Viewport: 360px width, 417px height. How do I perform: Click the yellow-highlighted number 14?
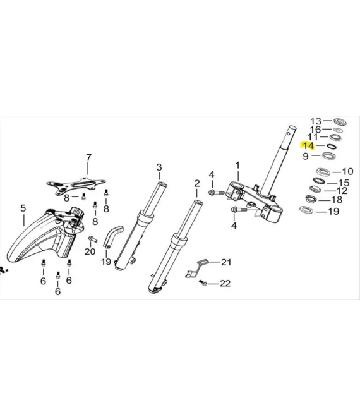tap(308, 146)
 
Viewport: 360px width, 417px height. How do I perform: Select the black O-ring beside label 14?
tap(332, 146)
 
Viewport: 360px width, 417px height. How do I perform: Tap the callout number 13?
tap(316, 121)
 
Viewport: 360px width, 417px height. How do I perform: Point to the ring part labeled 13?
tap(340, 122)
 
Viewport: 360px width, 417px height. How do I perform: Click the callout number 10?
tap(347, 171)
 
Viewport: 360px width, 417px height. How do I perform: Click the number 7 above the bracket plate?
tap(88, 157)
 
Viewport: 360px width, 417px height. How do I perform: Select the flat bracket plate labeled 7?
tap(76, 185)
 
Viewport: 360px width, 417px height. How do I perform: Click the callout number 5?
tap(23, 208)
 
